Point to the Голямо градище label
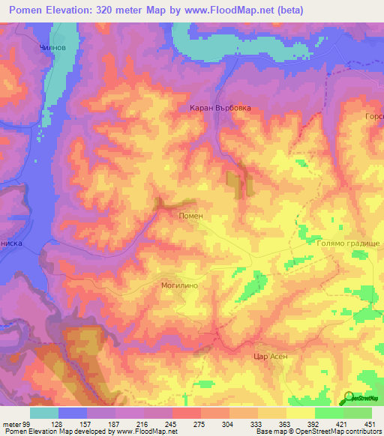click(x=345, y=244)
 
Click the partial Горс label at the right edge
click(x=373, y=117)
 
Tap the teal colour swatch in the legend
click(x=44, y=413)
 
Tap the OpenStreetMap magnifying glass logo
click(x=347, y=397)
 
